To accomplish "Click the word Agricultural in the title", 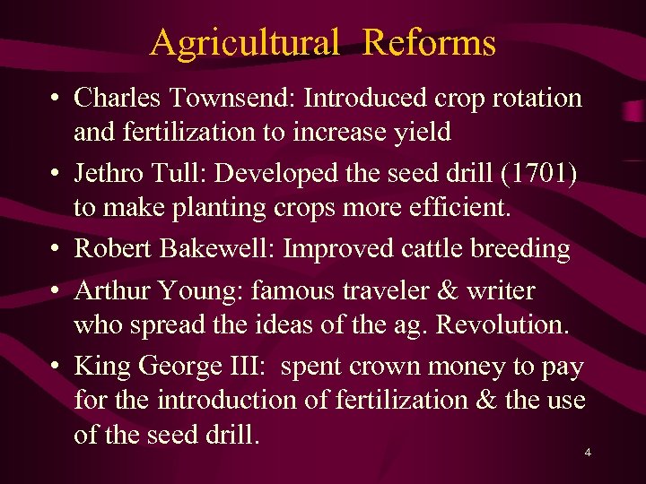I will coord(244,42).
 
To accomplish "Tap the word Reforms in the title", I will coord(429,42).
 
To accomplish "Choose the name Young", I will coord(205,290).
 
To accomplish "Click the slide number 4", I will coord(588,453).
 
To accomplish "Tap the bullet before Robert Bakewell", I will coord(56,248).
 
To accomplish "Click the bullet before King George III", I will coord(56,366).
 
